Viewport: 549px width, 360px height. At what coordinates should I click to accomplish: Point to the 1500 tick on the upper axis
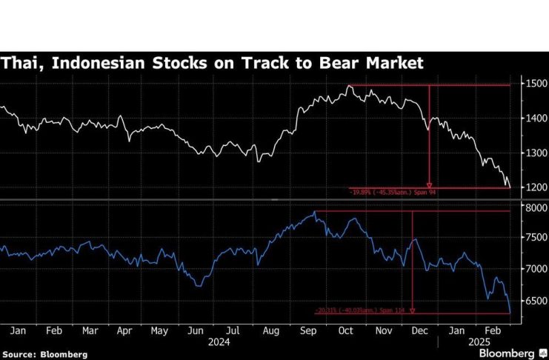tap(536, 84)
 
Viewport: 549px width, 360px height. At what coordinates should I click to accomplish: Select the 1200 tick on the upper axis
tap(536, 187)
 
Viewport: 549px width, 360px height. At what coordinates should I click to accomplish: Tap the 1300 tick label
tap(536, 153)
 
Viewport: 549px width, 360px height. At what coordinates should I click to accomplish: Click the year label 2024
tap(219, 342)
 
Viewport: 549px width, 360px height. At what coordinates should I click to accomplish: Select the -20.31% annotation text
tap(361, 310)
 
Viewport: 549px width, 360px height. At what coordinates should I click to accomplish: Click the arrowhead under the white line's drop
tap(430, 185)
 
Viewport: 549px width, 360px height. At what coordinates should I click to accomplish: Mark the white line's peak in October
tap(349, 86)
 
